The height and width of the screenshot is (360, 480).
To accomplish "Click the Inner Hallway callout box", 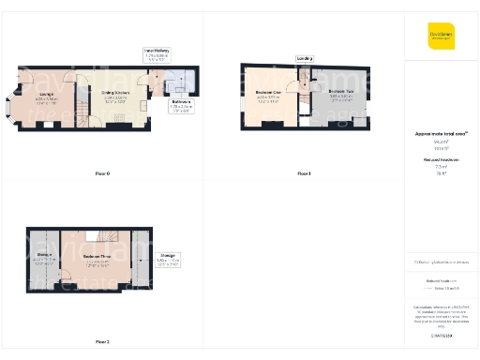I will pyautogui.click(x=156, y=54).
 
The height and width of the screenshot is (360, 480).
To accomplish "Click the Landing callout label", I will pyautogui.click(x=305, y=58).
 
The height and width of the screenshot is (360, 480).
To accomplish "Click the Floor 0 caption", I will pyautogui.click(x=102, y=174).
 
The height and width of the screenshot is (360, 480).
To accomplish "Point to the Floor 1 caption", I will pyautogui.click(x=303, y=174).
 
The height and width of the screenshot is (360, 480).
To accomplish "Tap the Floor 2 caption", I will pyautogui.click(x=102, y=342).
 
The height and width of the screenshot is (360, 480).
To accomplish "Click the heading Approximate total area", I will pyautogui.click(x=440, y=134).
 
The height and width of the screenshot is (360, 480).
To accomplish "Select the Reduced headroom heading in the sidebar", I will pyautogui.click(x=440, y=160).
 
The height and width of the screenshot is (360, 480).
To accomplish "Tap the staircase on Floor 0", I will pyautogui.click(x=82, y=112).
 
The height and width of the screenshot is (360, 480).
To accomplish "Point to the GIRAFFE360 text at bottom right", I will pyautogui.click(x=440, y=335).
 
